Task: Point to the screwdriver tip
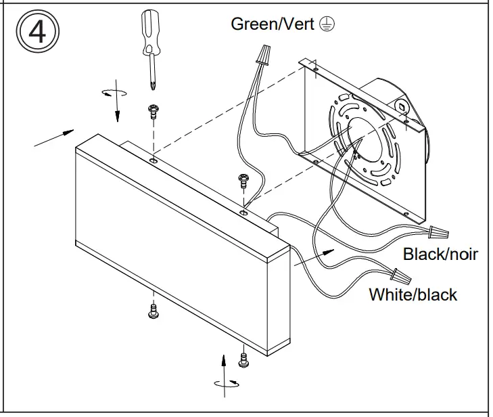pyautogui.click(x=152, y=84)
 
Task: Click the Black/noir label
pyautogui.click(x=440, y=254)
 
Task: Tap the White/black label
pyautogui.click(x=413, y=294)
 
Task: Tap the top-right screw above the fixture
pyautogui.click(x=242, y=181)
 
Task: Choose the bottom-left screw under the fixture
pyautogui.click(x=153, y=312)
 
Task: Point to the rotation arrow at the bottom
pyautogui.click(x=225, y=383)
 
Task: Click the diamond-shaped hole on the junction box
pyautogui.click(x=403, y=107)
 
